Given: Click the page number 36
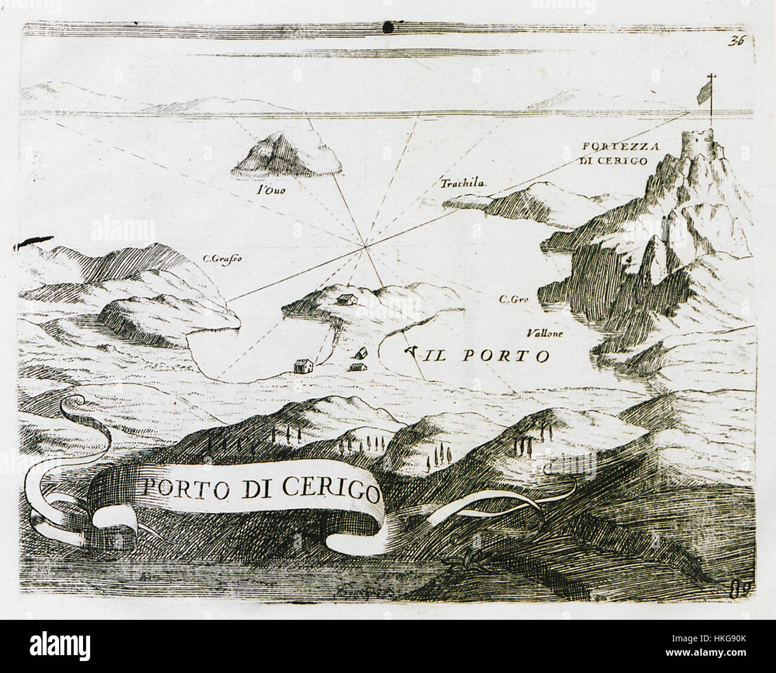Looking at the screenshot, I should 737,41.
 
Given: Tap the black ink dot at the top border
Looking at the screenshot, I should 389,26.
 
